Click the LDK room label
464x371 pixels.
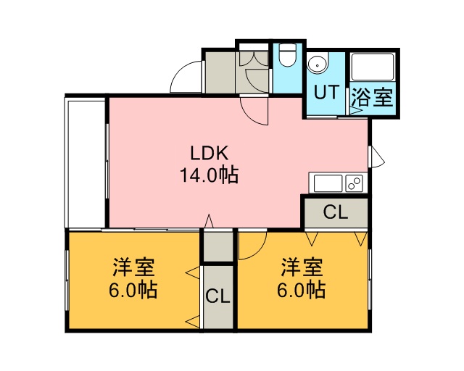tap(210, 154)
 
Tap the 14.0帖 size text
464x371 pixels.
tap(210, 175)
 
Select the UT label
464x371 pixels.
tap(326, 92)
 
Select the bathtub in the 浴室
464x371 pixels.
tap(373, 67)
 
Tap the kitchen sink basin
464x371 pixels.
tap(328, 183)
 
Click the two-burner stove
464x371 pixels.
tap(355, 183)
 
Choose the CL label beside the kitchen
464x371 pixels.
tap(335, 212)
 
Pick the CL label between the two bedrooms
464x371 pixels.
tap(217, 296)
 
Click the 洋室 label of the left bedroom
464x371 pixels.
tap(133, 267)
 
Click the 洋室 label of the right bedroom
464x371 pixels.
tap(302, 267)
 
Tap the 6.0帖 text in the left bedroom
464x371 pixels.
tap(133, 290)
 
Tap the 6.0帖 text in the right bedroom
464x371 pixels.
tap(302, 290)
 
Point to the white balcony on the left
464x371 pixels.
tap(86, 164)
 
